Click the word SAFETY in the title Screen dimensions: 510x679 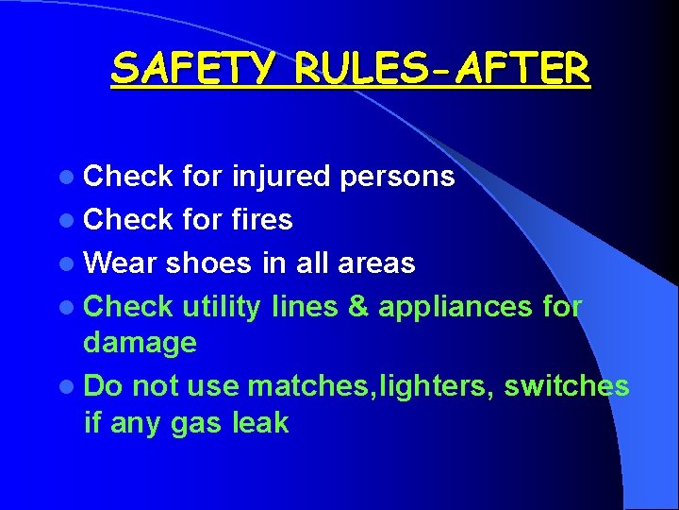pyautogui.click(x=194, y=68)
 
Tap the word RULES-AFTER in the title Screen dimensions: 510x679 pyautogui.click(x=442, y=68)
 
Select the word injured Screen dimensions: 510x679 pyautogui.click(x=280, y=177)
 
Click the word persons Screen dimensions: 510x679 pyautogui.click(x=397, y=177)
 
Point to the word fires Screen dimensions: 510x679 pyautogui.click(x=261, y=220)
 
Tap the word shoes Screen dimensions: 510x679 pyautogui.click(x=208, y=263)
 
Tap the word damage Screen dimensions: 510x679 pyautogui.click(x=140, y=343)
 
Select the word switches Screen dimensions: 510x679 pyautogui.click(x=567, y=386)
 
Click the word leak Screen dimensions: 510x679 pyautogui.click(x=260, y=423)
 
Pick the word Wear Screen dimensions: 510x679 pyautogui.click(x=120, y=263)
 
